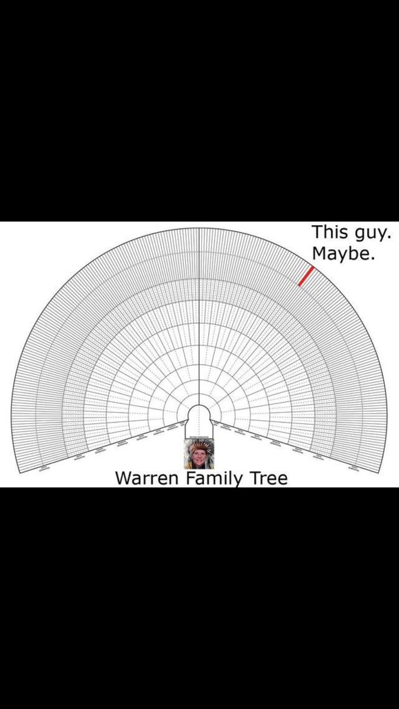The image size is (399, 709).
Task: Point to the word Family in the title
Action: [213, 478]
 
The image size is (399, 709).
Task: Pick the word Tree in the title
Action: [267, 477]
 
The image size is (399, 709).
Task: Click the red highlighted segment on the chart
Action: [306, 276]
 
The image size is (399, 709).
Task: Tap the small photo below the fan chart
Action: [199, 454]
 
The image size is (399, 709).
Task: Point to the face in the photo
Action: [199, 457]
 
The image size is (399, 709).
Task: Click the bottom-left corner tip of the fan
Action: [20, 472]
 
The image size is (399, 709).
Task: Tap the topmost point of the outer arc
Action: [199, 226]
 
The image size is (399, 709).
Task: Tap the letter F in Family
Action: [190, 477]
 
